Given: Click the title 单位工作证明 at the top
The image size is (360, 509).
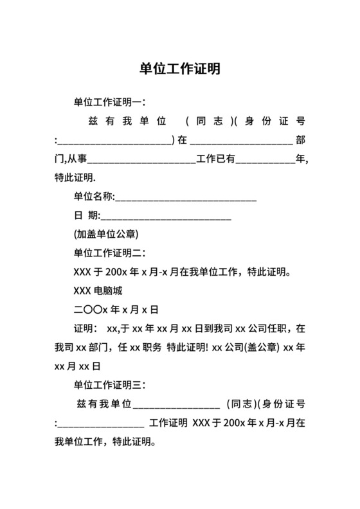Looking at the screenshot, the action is tap(180, 69).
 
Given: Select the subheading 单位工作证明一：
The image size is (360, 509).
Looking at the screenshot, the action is tap(110, 102).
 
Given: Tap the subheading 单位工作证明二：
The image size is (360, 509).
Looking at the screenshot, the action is tap(110, 253).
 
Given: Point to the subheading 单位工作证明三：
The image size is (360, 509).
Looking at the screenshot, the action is tap(110, 385).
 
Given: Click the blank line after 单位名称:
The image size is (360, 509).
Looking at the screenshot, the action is tap(186, 197).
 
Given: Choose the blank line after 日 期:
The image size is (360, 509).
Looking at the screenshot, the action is tap(166, 215).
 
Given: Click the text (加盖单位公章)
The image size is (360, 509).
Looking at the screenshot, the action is tap(107, 234).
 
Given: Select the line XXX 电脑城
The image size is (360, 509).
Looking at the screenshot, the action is tap(98, 290).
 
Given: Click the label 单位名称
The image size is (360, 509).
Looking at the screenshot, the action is tap(93, 197).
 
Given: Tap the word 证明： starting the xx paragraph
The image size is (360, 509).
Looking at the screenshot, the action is tap(85, 328).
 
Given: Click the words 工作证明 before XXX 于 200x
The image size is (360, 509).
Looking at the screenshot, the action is tap(168, 424).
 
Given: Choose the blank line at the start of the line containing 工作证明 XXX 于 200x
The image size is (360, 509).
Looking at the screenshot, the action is tap(101, 424).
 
